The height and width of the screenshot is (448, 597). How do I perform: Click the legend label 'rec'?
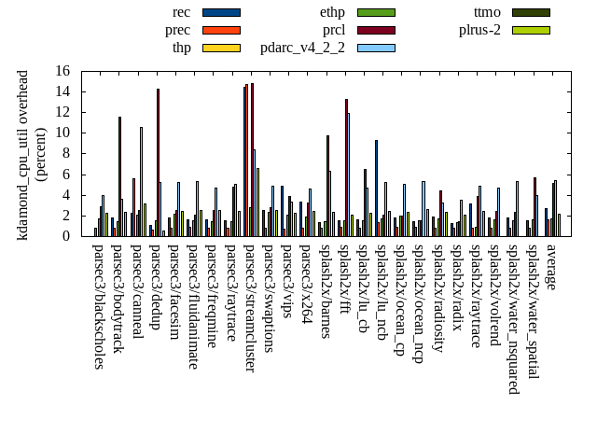(x=182, y=12)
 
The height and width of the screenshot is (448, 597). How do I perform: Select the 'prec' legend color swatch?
(x=221, y=30)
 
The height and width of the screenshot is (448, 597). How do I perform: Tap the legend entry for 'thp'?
(x=182, y=48)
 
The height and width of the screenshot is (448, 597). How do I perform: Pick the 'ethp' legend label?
(x=332, y=12)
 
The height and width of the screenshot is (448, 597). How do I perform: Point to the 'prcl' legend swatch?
(x=376, y=30)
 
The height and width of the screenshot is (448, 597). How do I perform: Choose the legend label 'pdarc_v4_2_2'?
(x=302, y=48)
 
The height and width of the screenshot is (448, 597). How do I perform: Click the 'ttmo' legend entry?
(x=487, y=12)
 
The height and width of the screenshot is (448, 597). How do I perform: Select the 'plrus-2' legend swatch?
(x=531, y=30)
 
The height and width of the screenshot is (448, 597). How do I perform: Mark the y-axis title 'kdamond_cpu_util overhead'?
(x=23, y=155)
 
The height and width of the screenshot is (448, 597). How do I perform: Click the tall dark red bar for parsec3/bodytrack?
(x=119, y=176)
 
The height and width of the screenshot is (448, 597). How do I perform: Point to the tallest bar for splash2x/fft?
(x=346, y=167)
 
